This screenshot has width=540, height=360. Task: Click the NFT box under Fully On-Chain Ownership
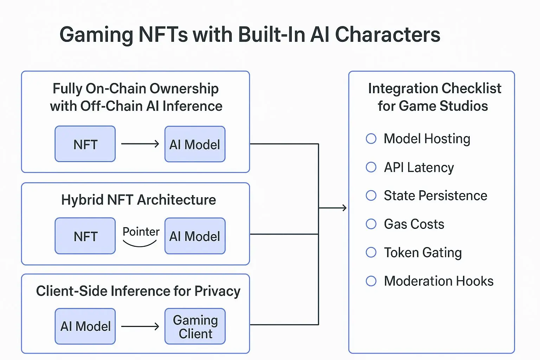pos(85,144)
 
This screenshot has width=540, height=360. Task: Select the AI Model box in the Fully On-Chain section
pos(195,144)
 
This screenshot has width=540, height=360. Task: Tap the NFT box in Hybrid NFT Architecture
pos(85,236)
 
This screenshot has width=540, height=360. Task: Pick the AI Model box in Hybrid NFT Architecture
pos(195,236)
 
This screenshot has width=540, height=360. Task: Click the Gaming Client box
pos(195,327)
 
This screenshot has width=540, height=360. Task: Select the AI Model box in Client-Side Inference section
pos(85,327)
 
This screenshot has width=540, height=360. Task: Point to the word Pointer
pos(141,232)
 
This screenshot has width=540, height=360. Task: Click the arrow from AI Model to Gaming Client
pos(140,327)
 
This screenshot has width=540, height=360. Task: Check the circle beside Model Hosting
pos(371,139)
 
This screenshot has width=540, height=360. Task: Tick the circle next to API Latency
pos(371,167)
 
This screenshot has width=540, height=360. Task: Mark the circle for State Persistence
pos(371,195)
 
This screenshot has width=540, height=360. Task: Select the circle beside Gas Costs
pos(371,224)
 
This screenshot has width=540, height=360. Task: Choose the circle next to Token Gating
pos(371,252)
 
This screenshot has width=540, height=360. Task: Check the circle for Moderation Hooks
pos(371,281)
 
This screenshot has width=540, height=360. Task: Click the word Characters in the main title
pos(387,35)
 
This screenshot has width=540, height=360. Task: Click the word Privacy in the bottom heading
pos(217,291)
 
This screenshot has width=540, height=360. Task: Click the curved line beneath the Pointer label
pos(140,245)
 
